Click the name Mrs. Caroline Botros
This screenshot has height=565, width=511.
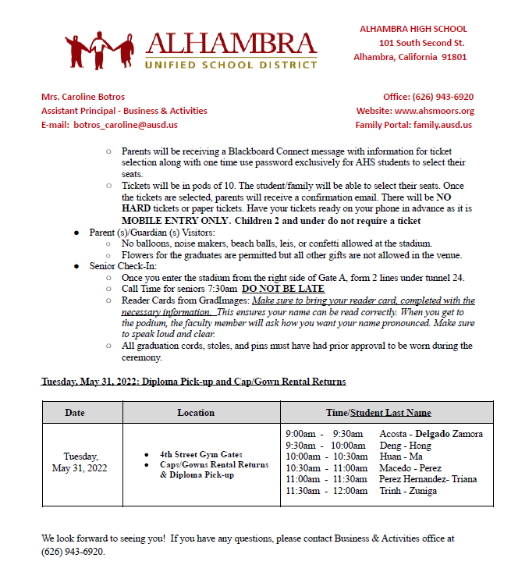(x=83, y=97)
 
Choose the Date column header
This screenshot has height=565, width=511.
(x=75, y=413)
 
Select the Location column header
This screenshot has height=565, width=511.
(x=195, y=413)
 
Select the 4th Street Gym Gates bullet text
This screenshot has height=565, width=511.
(x=201, y=454)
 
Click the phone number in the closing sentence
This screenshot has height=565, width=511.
(x=73, y=551)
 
